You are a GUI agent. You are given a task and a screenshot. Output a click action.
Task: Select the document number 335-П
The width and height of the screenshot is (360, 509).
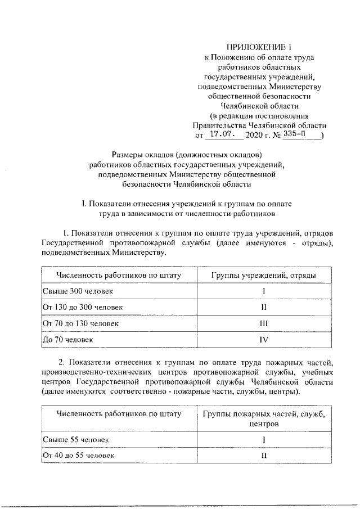coord(297,135)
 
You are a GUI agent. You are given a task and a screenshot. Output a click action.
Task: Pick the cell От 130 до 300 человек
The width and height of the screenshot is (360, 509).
coord(83,308)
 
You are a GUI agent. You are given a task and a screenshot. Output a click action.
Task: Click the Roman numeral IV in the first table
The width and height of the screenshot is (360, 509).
coord(263,340)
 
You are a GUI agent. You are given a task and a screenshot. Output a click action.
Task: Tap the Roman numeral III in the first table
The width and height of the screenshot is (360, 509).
coord(263,324)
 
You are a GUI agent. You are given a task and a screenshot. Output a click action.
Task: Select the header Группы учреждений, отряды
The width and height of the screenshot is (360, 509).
coord(263,275)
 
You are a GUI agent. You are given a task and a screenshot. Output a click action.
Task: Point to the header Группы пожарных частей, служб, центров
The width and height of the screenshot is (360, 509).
coord(263,418)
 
